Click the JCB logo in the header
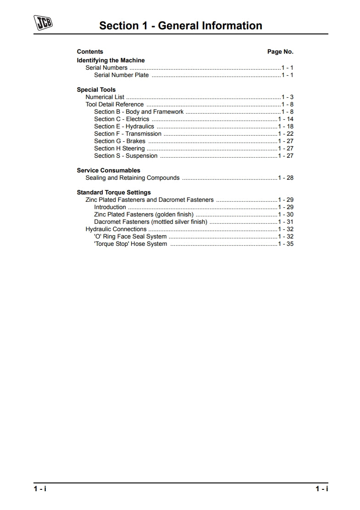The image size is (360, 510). pyautogui.click(x=43, y=23)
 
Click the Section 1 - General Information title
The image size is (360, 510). pyautogui.click(x=181, y=26)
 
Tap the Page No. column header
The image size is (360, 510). pyautogui.click(x=280, y=52)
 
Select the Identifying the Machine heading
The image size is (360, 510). pyautogui.click(x=111, y=61)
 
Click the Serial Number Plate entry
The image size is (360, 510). pyautogui.click(x=122, y=75)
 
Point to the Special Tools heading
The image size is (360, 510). pyautogui.click(x=96, y=90)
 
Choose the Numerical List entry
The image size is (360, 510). pyautogui.click(x=105, y=97)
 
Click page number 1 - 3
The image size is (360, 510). pyautogui.click(x=288, y=97)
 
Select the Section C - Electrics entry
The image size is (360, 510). pyautogui.click(x=122, y=119)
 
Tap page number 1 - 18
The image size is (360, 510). pyautogui.click(x=286, y=127)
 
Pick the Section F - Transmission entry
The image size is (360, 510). pyautogui.click(x=128, y=134)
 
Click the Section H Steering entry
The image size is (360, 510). pyautogui.click(x=119, y=149)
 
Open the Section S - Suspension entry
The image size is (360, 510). pyautogui.click(x=126, y=156)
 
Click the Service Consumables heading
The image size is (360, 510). pyautogui.click(x=109, y=171)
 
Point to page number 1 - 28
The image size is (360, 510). pyautogui.click(x=286, y=178)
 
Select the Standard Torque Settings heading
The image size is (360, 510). pyautogui.click(x=114, y=193)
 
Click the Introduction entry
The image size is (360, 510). pyautogui.click(x=110, y=207)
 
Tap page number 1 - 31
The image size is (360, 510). pyautogui.click(x=286, y=222)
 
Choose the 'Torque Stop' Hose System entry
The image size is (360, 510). pyautogui.click(x=131, y=244)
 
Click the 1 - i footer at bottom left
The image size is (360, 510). pyautogui.click(x=40, y=489)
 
